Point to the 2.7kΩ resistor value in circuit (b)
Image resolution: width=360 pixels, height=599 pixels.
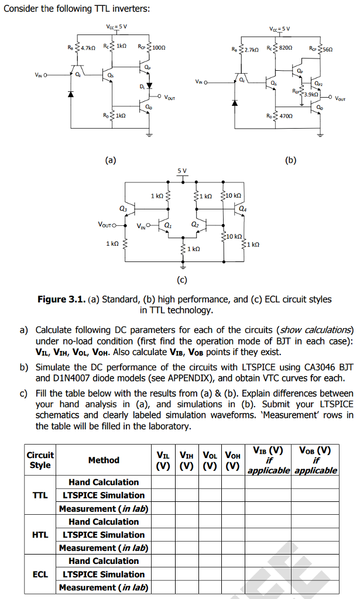point(252,50)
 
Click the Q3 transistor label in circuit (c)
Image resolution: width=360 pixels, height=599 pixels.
point(122,208)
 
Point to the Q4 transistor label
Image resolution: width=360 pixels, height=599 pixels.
point(242,208)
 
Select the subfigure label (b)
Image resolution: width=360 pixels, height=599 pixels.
point(290,159)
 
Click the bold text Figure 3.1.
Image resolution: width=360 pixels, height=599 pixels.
point(61,299)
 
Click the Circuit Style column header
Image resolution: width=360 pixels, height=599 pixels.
point(40,460)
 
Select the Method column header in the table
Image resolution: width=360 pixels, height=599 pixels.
point(104,460)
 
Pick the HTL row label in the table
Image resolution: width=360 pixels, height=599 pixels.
point(40,535)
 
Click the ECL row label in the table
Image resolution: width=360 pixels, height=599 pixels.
point(40,574)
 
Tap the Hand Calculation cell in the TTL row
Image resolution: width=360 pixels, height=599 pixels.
point(104,482)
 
